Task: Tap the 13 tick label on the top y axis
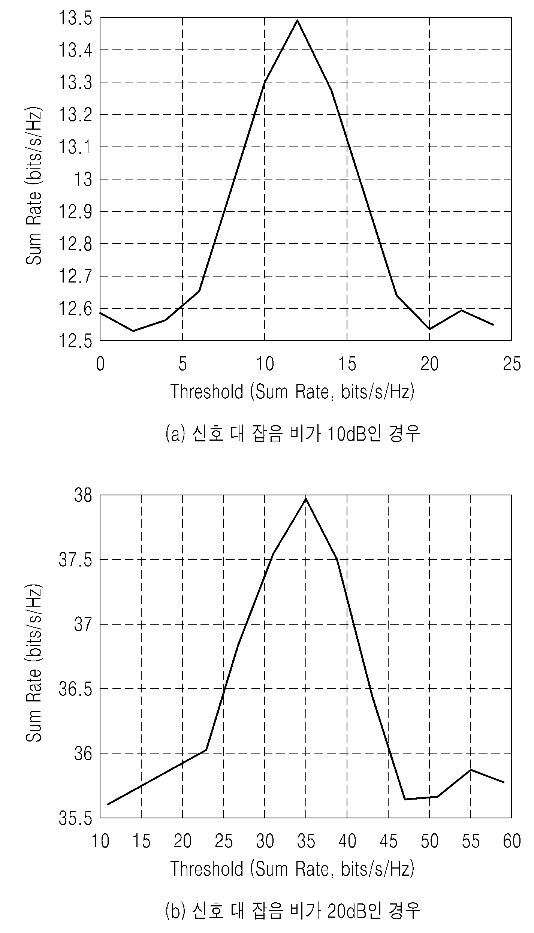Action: (x=83, y=179)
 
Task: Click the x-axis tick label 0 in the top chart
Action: (x=100, y=363)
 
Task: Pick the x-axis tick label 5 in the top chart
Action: (x=182, y=363)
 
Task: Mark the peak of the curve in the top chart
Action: (x=297, y=20)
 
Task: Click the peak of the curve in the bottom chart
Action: (x=306, y=499)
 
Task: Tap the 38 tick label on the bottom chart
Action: (x=83, y=495)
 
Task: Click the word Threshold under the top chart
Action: (x=207, y=392)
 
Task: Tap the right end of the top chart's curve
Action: (x=493, y=324)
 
